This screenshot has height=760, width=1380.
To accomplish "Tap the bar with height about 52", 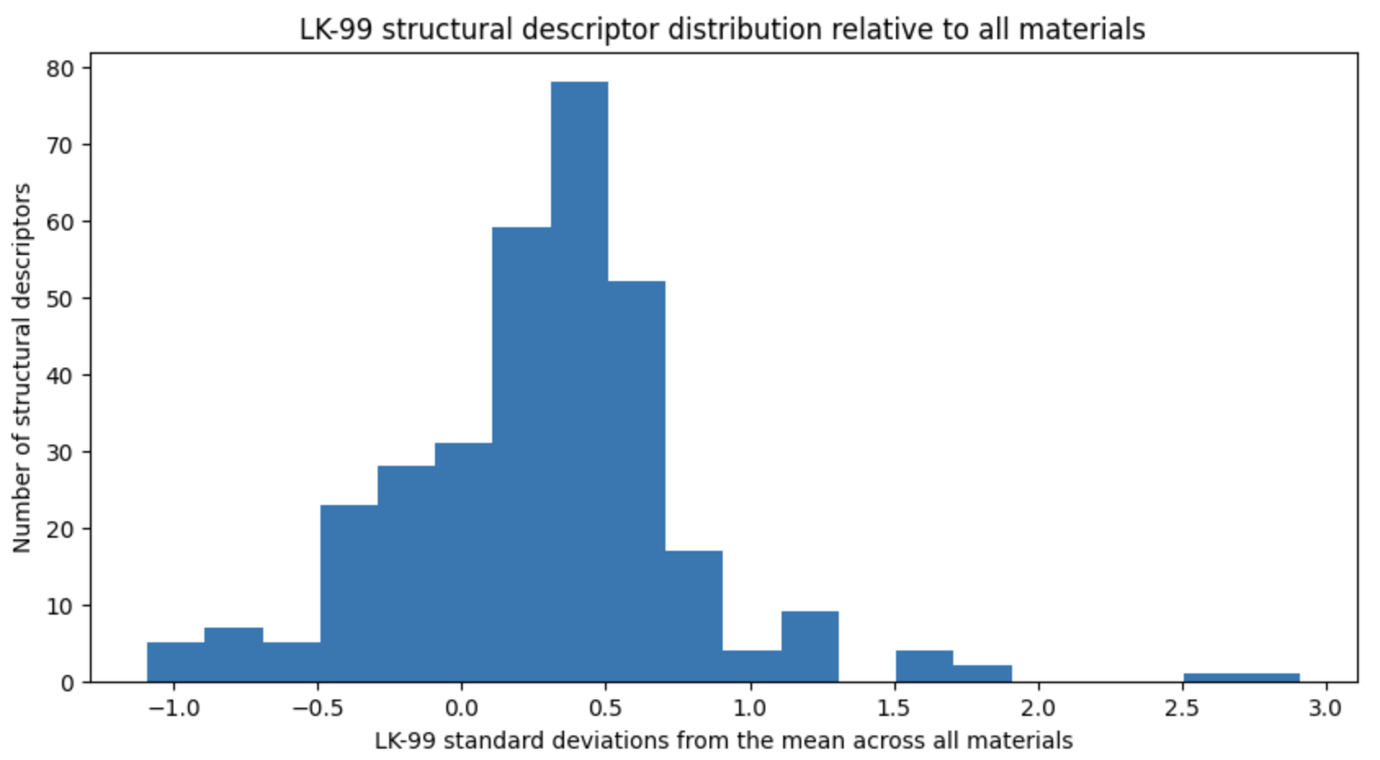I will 636,481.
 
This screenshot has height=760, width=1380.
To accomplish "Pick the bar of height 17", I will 693,616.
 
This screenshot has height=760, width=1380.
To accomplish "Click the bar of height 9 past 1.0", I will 809,646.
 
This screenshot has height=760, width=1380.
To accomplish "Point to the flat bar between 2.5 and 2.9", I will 1241,677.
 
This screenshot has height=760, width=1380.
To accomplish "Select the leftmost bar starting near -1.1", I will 176,662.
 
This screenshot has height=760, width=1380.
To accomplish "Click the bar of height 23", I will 348,593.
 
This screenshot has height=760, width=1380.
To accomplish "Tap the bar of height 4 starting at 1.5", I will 924,666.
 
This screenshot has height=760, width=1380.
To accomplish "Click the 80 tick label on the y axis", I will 60,69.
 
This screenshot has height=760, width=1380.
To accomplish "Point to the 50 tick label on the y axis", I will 60,299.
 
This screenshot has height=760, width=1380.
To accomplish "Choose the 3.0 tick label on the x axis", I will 1325,707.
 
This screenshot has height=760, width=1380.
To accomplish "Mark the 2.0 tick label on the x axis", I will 1037,707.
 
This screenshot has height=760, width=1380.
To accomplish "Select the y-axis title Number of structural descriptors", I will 22,368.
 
